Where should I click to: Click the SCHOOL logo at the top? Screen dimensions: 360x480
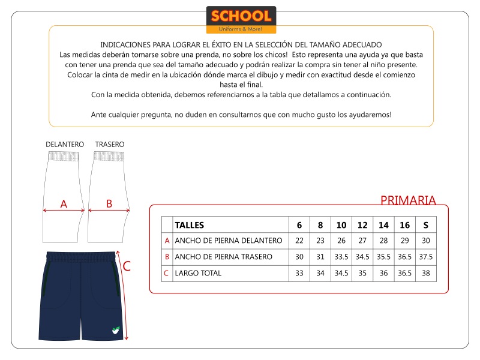tap(241, 20)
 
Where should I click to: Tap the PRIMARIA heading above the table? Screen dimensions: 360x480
tap(408, 200)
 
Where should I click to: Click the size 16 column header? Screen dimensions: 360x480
tap(404, 225)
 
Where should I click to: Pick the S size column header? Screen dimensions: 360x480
tap(425, 225)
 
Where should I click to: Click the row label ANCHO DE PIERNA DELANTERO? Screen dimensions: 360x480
tap(228, 241)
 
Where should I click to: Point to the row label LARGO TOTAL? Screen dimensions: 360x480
tap(198, 273)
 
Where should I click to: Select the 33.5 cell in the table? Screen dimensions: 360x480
tap(341, 257)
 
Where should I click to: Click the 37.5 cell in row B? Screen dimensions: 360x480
tap(425, 257)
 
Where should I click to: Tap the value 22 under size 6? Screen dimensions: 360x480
tap(299, 241)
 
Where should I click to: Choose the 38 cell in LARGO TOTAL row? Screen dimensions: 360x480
tap(425, 273)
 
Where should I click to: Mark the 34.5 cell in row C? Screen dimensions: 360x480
tap(341, 273)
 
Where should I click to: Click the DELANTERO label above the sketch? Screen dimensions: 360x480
tap(65, 145)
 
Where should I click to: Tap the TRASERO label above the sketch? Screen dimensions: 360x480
tap(110, 145)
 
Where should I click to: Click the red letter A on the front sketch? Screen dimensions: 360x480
tap(64, 204)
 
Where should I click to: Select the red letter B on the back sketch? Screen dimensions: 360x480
tap(109, 204)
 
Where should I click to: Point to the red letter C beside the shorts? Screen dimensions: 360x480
tap(127, 266)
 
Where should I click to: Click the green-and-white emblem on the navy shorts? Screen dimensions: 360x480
tap(116, 329)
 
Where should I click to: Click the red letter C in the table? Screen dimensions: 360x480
tap(166, 273)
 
